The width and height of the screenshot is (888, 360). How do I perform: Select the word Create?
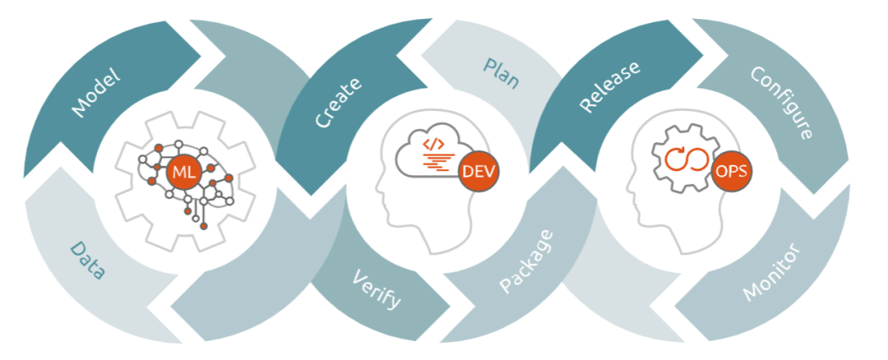point(338,103)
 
